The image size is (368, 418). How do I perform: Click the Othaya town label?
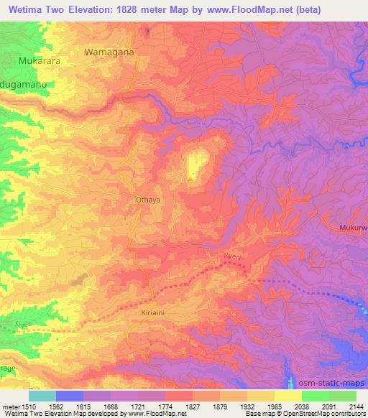pos(146,201)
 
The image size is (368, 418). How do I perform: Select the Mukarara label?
pos(40,61)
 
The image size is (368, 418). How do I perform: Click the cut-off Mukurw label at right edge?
pos(352,228)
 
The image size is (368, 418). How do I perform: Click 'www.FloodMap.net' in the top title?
pos(231,10)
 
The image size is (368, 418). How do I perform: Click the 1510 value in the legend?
pos(29,406)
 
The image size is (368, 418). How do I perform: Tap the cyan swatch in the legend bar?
pos(42,396)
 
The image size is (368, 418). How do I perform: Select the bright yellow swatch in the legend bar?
pos(287,396)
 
